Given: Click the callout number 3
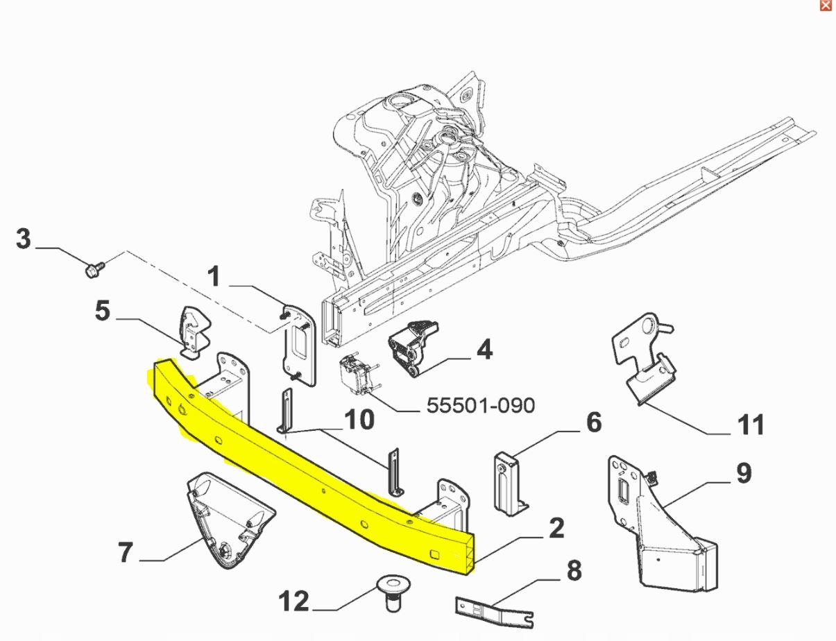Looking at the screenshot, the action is [24, 239].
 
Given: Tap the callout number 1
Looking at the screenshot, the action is [214, 277].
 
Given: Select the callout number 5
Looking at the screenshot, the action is [103, 311].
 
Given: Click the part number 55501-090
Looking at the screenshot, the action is [481, 405].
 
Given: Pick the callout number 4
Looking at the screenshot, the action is [485, 350].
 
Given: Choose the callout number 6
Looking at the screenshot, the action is [595, 422].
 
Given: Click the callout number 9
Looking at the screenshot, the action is [744, 473].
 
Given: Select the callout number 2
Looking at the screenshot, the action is [556, 529].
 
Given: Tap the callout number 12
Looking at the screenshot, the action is [294, 601].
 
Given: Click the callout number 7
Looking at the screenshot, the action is [126, 553].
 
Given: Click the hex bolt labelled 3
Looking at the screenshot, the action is [94, 268].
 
